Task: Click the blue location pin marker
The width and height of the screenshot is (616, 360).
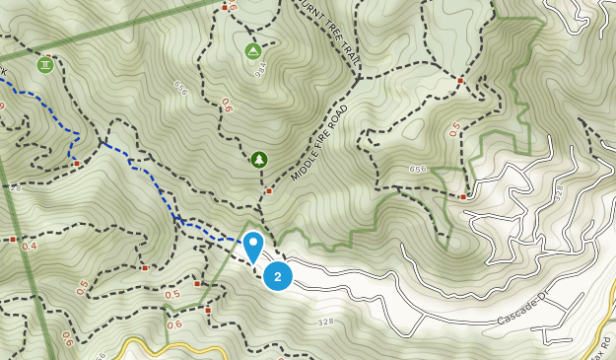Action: (x=253, y=245)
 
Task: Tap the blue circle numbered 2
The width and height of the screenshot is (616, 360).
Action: (x=278, y=276)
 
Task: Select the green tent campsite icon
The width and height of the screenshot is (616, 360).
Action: (x=252, y=50)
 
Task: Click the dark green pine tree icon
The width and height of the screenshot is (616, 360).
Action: (x=258, y=159)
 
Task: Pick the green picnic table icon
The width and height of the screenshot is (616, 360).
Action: (x=44, y=65)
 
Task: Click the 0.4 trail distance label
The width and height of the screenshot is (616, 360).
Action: (x=30, y=246)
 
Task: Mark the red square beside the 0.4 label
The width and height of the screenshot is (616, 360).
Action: (x=12, y=239)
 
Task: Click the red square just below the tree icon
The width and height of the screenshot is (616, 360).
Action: (x=268, y=190)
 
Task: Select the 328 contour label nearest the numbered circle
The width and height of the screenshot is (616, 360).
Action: (x=326, y=322)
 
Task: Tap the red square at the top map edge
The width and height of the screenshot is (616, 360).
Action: (x=225, y=7)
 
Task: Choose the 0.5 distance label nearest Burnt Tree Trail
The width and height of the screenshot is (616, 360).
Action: (x=454, y=126)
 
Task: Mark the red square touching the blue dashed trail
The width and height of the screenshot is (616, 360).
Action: (x=76, y=162)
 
